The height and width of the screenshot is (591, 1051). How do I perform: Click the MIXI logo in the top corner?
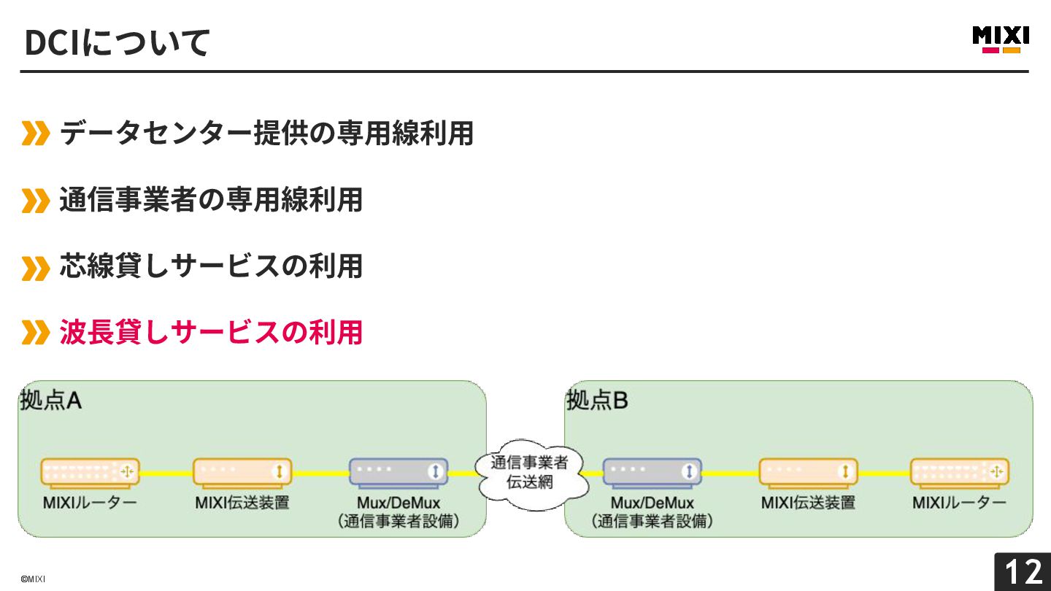[1001, 39]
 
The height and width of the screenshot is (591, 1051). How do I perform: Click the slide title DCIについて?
[118, 42]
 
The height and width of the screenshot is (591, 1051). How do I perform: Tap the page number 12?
[1023, 572]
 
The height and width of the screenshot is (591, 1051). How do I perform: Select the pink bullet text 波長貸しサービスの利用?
[211, 332]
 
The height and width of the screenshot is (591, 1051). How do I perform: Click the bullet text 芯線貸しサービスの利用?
[211, 266]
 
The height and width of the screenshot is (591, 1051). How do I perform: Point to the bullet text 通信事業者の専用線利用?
[211, 199]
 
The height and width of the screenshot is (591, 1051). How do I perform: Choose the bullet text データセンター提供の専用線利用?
[266, 133]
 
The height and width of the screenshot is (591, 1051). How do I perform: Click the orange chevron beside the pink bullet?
[35, 333]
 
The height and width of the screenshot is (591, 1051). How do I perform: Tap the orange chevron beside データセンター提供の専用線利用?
[35, 134]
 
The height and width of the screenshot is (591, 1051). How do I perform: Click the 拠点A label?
[50, 401]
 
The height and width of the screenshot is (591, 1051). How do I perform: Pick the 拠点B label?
[597, 401]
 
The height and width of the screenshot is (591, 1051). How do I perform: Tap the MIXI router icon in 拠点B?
[960, 472]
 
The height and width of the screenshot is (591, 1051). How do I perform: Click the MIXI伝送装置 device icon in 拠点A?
[242, 472]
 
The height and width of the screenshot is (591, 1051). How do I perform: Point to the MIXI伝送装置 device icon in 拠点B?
[808, 472]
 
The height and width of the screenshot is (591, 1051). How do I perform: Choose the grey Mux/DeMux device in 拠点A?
[398, 472]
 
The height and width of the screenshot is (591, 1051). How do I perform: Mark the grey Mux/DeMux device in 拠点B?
[652, 472]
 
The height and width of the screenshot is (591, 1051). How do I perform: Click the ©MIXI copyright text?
[33, 579]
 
